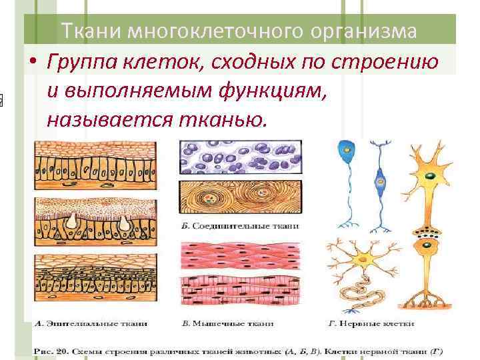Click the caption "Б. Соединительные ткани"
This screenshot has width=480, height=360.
pos(241,227)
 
